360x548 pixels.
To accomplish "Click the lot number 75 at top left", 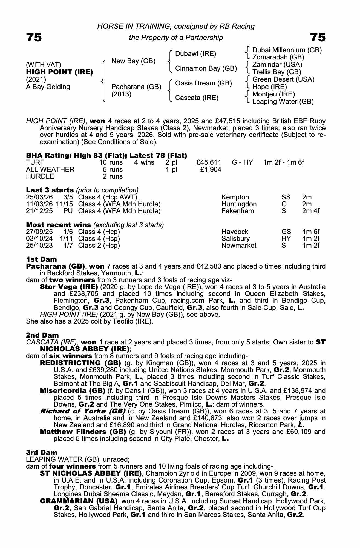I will pyautogui.click(x=34, y=37).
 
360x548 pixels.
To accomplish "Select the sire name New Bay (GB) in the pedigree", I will pyautogui.click(x=133, y=61).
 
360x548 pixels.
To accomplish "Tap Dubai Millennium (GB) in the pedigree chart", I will pyautogui.click(x=287, y=50).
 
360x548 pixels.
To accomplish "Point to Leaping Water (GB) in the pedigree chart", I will pyautogui.click(x=283, y=102).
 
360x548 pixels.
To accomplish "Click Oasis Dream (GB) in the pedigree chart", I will pyautogui.click(x=203, y=83).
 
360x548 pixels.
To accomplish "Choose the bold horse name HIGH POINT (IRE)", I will pyautogui.click(x=59, y=72).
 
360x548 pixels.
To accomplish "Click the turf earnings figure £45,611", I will pyautogui.click(x=209, y=163).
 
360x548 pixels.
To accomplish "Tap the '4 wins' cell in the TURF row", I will pyautogui.click(x=144, y=163).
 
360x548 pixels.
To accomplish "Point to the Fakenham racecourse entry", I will pyautogui.click(x=238, y=211).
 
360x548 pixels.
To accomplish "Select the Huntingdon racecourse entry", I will pyautogui.click(x=239, y=204).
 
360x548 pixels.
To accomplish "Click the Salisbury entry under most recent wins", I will pyautogui.click(x=235, y=238).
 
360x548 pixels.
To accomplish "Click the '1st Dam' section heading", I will pyautogui.click(x=42, y=259).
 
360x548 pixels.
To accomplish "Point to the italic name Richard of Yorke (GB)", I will pyautogui.click(x=83, y=411).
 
